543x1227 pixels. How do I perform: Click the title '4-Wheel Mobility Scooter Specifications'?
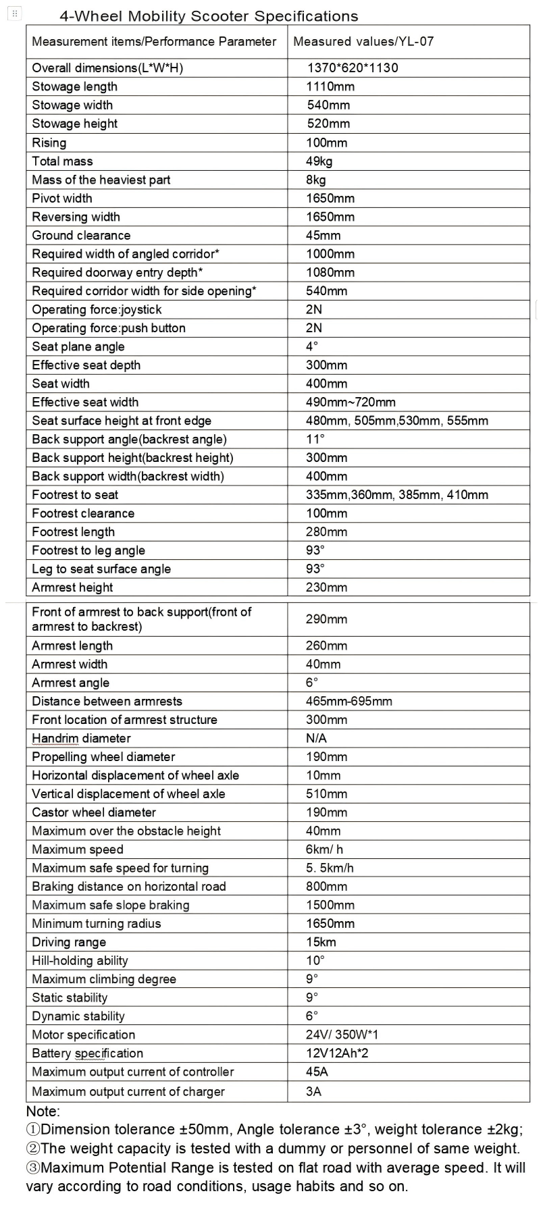[x=209, y=16]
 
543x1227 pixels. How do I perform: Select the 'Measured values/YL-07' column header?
[x=363, y=41]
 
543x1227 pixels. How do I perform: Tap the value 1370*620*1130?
[x=353, y=68]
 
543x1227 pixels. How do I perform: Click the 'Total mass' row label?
[x=62, y=161]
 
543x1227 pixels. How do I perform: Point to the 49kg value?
[x=319, y=161]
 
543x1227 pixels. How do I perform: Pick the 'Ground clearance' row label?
[x=81, y=235]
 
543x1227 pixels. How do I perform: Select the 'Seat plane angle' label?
[x=78, y=346]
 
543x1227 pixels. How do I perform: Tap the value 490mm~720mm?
[x=351, y=402]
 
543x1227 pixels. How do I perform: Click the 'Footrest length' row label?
[x=73, y=531]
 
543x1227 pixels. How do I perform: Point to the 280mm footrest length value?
[x=326, y=531]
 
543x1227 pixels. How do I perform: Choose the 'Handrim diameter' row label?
[x=81, y=738]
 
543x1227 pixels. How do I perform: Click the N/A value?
[x=316, y=738]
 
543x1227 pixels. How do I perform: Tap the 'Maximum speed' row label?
[x=78, y=850]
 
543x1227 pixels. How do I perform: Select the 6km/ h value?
[x=324, y=850]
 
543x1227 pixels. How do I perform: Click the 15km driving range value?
[x=321, y=942]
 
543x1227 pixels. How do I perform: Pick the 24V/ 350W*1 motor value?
[x=342, y=1035]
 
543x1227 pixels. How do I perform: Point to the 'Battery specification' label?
[x=87, y=1053]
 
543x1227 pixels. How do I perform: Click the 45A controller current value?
[x=317, y=1072]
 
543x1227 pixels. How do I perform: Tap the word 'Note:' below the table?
[x=43, y=1111]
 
